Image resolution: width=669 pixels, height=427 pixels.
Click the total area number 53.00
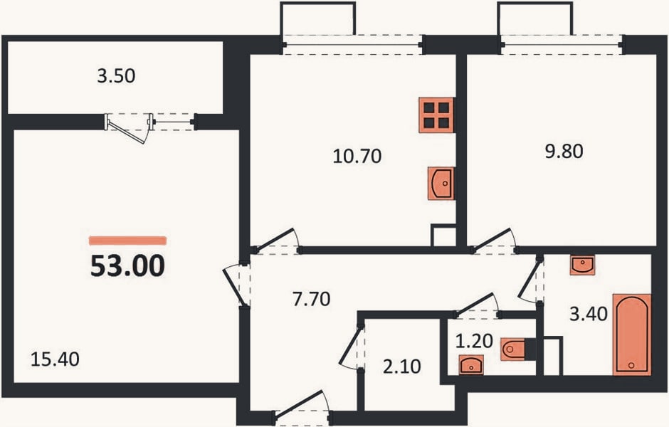[x=127, y=265]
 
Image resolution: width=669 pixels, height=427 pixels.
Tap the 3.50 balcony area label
[x=116, y=76]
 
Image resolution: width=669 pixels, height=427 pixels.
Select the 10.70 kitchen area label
[x=357, y=156]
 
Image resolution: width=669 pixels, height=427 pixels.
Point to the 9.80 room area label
[x=564, y=152]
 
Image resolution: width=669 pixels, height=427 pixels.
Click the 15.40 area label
[x=55, y=359]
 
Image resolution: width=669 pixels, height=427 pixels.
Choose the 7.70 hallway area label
[x=312, y=299]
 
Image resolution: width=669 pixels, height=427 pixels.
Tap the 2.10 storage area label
[x=402, y=367]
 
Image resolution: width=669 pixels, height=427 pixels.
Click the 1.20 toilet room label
[x=475, y=341]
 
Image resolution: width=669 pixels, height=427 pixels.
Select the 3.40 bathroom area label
[x=589, y=314]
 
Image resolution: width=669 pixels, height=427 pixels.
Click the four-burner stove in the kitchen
[x=436, y=115]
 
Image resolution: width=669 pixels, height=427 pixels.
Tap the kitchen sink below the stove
[x=441, y=184]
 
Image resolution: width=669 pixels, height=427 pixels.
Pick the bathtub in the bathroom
[x=632, y=335]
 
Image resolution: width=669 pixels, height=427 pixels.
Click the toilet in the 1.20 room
[x=517, y=349]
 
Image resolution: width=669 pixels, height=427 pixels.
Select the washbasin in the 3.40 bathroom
[x=582, y=265]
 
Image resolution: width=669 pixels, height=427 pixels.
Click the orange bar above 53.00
[x=127, y=241]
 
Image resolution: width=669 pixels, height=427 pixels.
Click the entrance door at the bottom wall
[x=299, y=402]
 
